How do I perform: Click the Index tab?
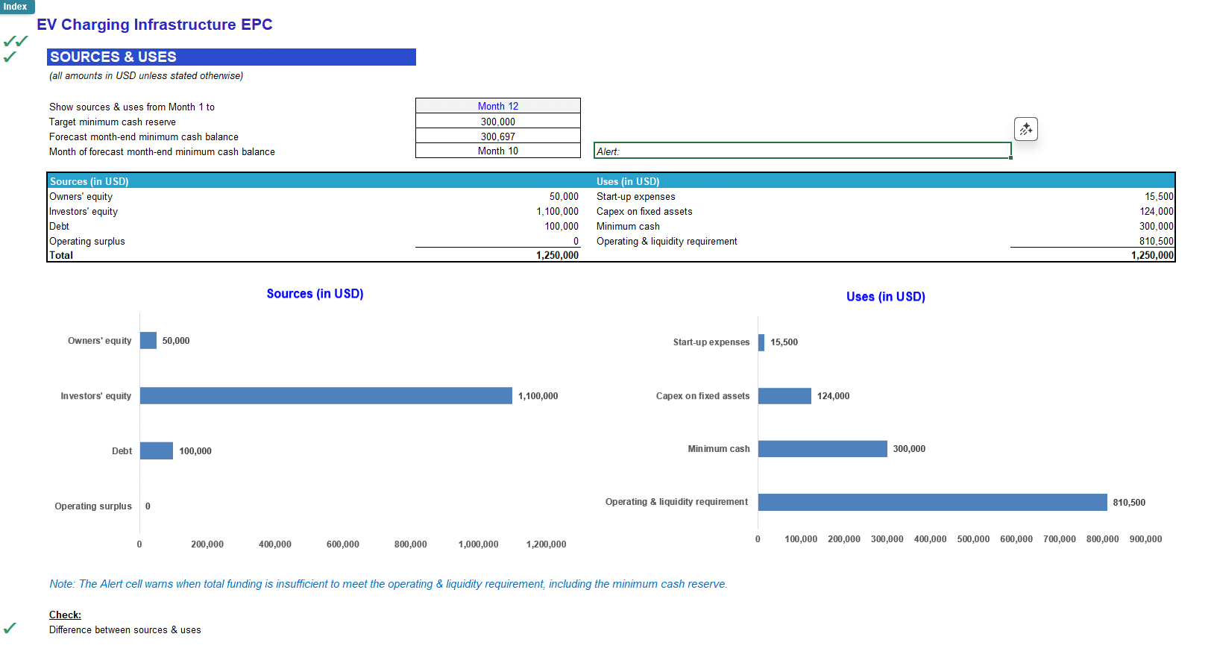[x=16, y=7]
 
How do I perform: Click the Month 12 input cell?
[x=497, y=106]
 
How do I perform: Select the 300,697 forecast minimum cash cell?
[x=497, y=136]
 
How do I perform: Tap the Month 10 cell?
[x=497, y=151]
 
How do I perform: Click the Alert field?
[x=802, y=151]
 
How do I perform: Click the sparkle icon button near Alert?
[x=1025, y=129]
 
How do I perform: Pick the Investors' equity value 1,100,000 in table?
[x=557, y=212]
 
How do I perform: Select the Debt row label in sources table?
[x=60, y=227]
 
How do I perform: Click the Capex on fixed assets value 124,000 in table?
[x=1156, y=212]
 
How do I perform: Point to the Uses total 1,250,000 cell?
[x=1152, y=255]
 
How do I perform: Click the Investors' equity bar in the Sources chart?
[x=326, y=396]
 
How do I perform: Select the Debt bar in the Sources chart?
[x=157, y=451]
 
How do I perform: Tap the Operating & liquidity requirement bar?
[x=932, y=502]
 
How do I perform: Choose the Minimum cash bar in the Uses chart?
[x=823, y=449]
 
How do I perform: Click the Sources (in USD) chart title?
[x=315, y=294]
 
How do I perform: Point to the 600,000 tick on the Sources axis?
[x=342, y=544]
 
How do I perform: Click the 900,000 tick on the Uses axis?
[x=1145, y=539]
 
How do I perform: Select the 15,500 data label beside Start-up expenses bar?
[x=784, y=342]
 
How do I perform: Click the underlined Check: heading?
[x=65, y=615]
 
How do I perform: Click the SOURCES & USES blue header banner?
[x=231, y=57]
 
